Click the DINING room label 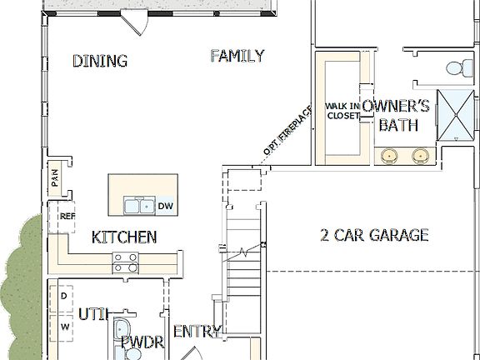[99, 61]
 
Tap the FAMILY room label [237, 56]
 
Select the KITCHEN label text [124, 237]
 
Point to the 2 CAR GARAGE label [374, 235]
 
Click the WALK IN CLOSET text [342, 111]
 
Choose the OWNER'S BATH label [397, 116]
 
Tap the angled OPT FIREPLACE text [287, 131]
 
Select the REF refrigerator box [67, 216]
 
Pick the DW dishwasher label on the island [165, 206]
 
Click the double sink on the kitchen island [138, 205]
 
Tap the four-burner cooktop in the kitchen [125, 262]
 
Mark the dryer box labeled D [63, 296]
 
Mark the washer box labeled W [64, 327]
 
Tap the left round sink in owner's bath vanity [391, 155]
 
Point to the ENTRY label [197, 332]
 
